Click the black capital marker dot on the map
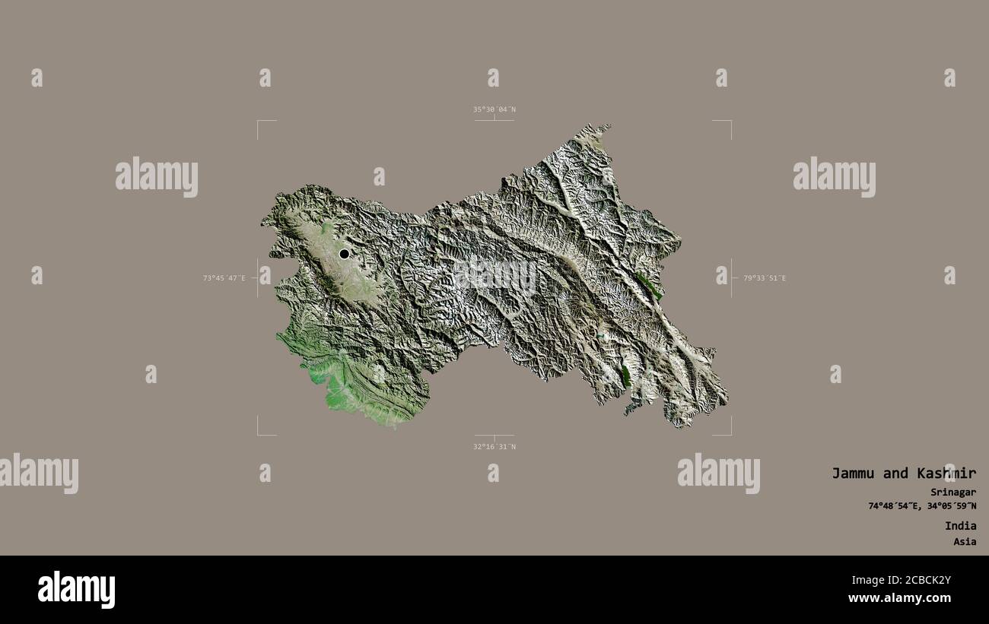[345, 254]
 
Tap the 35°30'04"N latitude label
[494, 109]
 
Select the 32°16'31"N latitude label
[494, 447]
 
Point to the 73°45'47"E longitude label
[224, 278]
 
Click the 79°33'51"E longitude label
[764, 278]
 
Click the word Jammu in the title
[854, 474]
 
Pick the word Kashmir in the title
[946, 474]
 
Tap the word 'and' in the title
[895, 474]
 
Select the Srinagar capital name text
[953, 492]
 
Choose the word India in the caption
[961, 526]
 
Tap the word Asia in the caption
[965, 542]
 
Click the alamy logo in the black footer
[76, 590]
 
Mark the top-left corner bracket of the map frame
[259, 122]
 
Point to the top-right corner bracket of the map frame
[730, 122]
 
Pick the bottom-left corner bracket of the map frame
[259, 434]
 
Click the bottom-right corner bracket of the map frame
[730, 434]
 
